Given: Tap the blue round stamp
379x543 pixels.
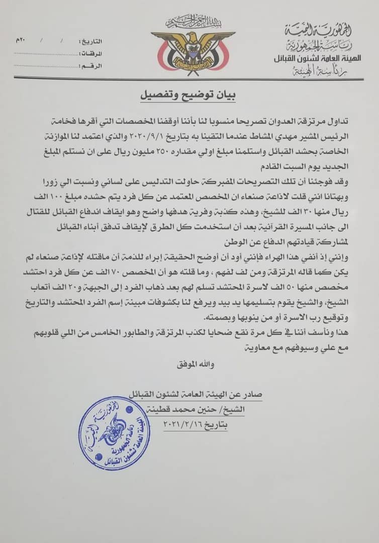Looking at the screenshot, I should (x=115, y=433).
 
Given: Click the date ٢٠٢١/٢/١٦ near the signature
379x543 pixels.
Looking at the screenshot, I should (x=196, y=424).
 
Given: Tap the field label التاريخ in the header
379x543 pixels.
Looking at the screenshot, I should (x=91, y=40).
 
